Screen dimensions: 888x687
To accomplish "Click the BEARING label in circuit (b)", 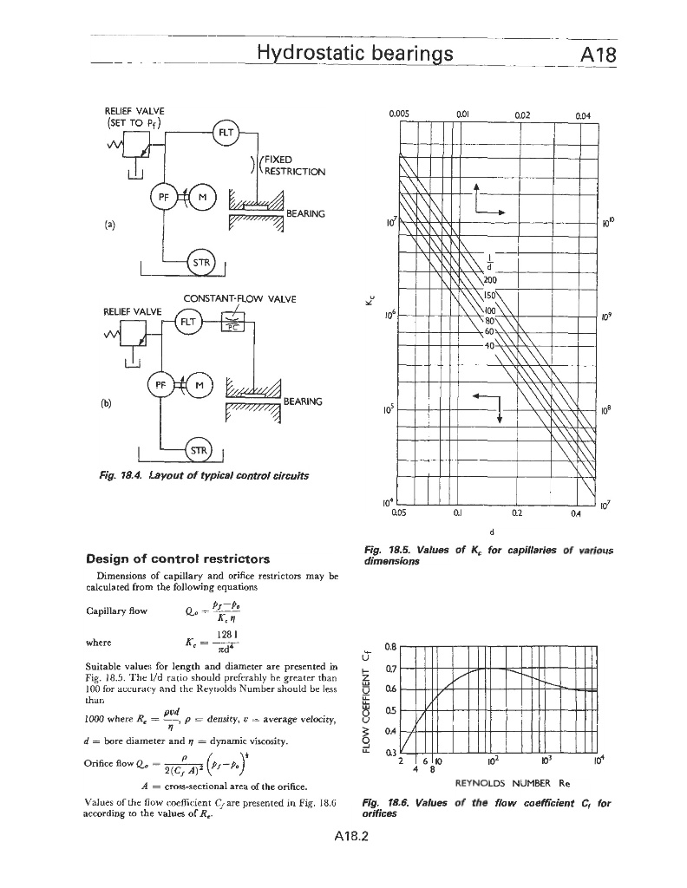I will click(304, 402).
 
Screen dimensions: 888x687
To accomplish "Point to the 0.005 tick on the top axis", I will click(399, 112).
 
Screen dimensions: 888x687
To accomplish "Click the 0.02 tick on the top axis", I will click(522, 112).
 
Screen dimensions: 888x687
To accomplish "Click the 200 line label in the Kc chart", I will click(489, 280).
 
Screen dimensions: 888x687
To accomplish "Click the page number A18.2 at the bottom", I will click(343, 839).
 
